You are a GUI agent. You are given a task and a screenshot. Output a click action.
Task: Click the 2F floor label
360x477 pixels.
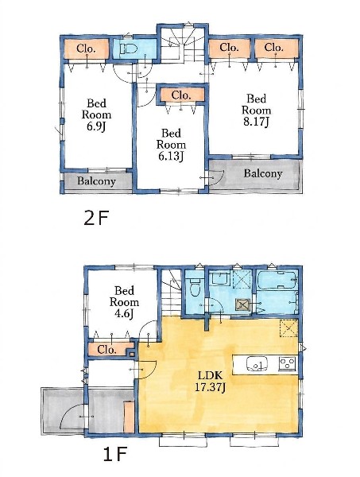tap(96, 218)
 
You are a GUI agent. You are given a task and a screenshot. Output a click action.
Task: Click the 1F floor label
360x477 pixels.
tap(114, 455)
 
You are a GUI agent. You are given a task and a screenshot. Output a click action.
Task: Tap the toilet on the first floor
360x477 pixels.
tap(194, 287)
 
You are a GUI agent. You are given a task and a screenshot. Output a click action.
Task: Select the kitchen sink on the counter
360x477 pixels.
tap(257, 364)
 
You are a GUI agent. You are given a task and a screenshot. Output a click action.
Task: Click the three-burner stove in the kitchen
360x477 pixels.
tap(288, 363)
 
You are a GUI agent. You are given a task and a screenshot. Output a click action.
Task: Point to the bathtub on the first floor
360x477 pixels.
tap(277, 280)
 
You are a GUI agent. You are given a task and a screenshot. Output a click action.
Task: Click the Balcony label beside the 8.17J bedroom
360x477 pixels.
tap(263, 173)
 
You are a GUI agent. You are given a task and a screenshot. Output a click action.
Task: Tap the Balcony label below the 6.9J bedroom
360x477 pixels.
tap(96, 181)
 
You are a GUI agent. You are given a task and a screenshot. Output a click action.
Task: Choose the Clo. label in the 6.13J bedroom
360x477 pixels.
tap(181, 95)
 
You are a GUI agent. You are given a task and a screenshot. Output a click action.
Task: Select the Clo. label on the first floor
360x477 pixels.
tap(106, 350)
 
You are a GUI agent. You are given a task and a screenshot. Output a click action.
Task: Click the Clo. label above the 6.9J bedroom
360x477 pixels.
tap(86, 48)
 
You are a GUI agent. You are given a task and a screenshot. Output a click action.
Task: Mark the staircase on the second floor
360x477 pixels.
tap(183, 45)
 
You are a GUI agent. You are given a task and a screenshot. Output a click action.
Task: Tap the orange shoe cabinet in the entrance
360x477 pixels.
tap(129, 417)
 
